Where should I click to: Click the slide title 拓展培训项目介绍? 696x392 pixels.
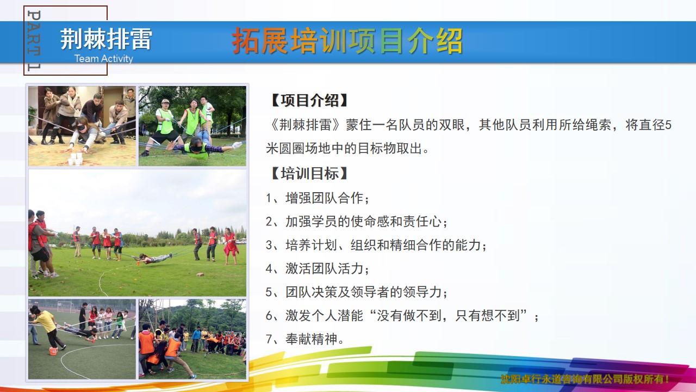click(347, 41)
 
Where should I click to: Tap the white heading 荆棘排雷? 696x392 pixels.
click(106, 39)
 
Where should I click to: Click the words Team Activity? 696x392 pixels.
click(103, 58)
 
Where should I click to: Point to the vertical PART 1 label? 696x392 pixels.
click(34, 41)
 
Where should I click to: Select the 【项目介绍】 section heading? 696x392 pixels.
click(308, 101)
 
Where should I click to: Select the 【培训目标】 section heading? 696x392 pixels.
click(308, 173)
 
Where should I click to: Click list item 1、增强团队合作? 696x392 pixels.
click(318, 198)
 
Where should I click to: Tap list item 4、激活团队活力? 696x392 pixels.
click(318, 268)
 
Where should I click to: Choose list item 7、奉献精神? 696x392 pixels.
click(305, 339)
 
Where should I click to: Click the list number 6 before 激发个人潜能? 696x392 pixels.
click(269, 316)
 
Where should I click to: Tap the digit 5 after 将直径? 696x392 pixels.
click(668, 125)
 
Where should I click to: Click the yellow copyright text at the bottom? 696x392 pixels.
click(585, 379)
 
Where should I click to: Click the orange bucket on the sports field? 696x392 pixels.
click(53, 351)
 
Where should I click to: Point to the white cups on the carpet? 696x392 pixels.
click(76, 158)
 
